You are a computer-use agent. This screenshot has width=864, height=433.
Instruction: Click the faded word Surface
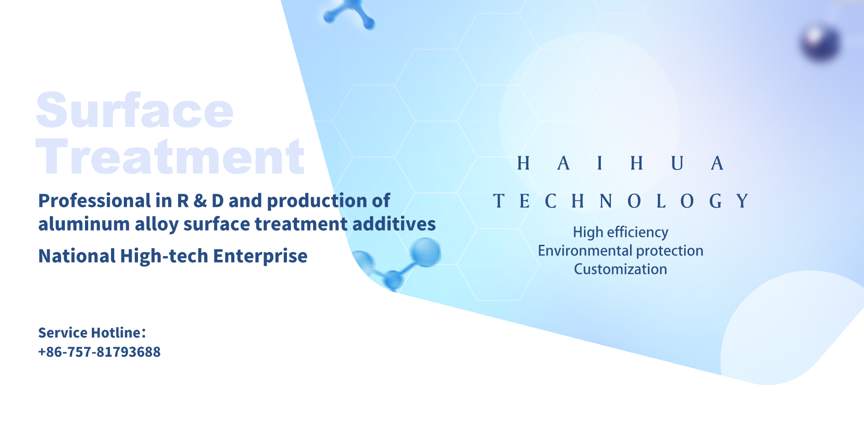[x=135, y=111]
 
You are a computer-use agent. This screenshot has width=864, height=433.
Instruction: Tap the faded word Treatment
[x=170, y=157]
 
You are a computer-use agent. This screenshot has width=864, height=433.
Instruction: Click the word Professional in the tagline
[x=95, y=201]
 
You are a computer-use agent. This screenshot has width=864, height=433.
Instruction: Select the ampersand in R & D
[x=200, y=201]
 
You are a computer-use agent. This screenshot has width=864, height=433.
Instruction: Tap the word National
[x=77, y=256]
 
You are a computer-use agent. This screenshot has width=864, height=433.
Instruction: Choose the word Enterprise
[x=260, y=256]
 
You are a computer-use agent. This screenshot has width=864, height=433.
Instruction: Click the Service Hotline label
[x=92, y=333]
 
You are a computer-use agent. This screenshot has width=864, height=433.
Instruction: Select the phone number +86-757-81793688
[x=99, y=352]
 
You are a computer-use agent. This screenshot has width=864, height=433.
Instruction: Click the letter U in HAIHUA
[x=677, y=163]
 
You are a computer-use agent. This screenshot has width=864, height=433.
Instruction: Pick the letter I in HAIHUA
[x=600, y=163]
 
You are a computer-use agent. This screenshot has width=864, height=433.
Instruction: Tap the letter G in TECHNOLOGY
[x=716, y=201]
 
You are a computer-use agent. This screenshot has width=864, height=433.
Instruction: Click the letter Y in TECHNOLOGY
[x=742, y=201]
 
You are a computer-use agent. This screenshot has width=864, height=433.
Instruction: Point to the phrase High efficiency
[x=620, y=232]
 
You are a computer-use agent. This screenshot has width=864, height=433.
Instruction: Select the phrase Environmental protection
[x=620, y=251]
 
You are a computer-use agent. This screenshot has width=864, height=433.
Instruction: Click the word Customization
[x=620, y=269]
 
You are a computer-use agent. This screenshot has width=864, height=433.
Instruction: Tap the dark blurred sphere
[x=821, y=43]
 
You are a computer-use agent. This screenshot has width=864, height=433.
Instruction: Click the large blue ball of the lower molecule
[x=425, y=252]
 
